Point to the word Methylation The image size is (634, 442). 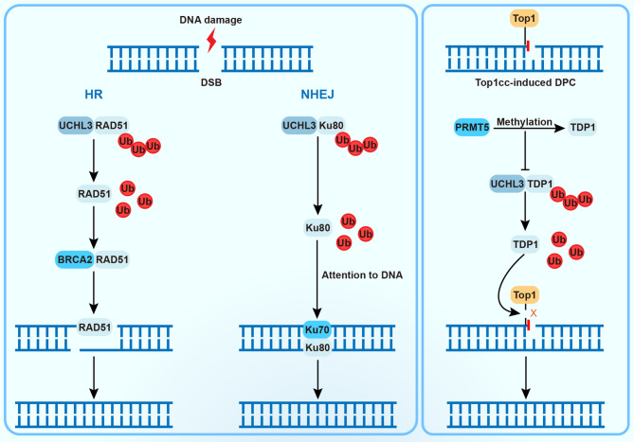(x=524, y=122)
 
